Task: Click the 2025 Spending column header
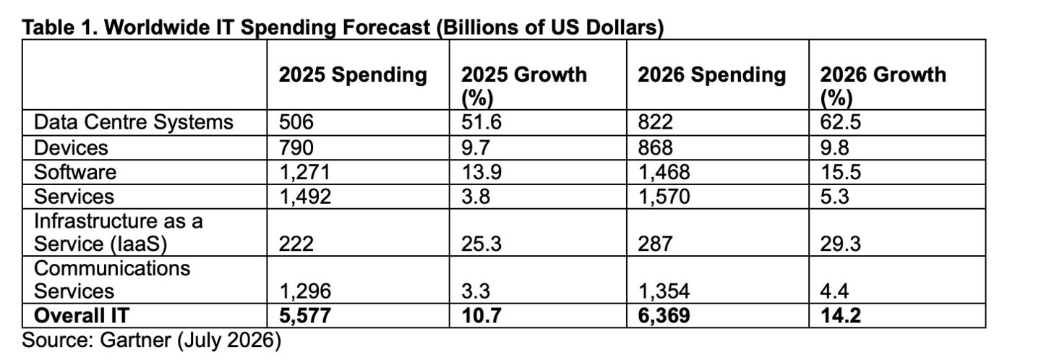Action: [x=353, y=74]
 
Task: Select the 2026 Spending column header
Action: [x=711, y=74]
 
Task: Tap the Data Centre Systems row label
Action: [x=133, y=122]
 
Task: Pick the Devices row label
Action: [x=71, y=147]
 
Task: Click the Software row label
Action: [x=75, y=172]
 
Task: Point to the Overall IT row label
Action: [x=81, y=315]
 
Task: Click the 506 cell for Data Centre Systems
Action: [x=296, y=122]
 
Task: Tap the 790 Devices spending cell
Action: [x=296, y=147]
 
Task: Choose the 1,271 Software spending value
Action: [x=304, y=172]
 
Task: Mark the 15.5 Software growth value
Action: [x=840, y=172]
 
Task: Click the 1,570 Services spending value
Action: [x=664, y=197]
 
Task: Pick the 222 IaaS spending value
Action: [x=296, y=244]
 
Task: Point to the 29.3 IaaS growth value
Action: [x=840, y=244]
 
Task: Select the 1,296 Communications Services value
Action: [x=305, y=292]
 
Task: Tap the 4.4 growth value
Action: [x=834, y=291]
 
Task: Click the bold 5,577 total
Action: [x=305, y=316]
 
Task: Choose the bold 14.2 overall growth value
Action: [x=840, y=315]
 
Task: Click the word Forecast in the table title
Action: [x=386, y=27]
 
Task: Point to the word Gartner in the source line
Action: [x=135, y=340]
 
